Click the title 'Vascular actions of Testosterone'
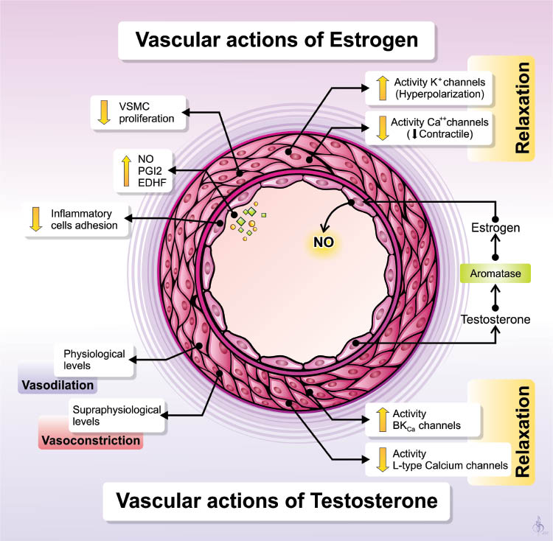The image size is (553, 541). click(276, 501)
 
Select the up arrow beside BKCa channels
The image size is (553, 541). click(383, 419)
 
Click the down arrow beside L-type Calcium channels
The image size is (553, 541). click(383, 458)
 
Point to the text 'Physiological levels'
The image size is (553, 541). click(95, 359)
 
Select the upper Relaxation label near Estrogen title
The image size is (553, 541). click(524, 108)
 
